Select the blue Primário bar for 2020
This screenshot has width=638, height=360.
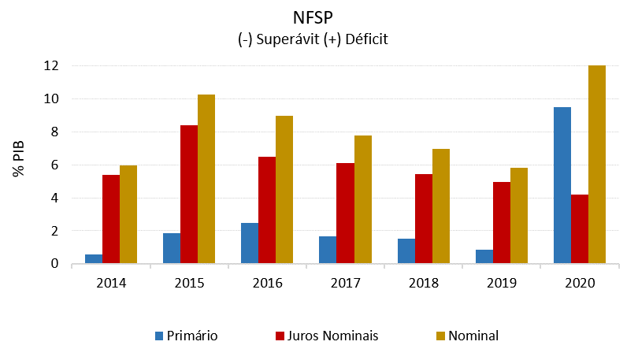pyautogui.click(x=562, y=185)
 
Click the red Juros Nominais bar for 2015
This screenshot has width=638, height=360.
pyautogui.click(x=189, y=195)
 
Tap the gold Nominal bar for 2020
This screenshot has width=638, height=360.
pyautogui.click(x=597, y=165)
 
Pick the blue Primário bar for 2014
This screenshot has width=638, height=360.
pyautogui.click(x=94, y=259)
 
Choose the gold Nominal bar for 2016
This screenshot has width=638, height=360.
pyautogui.click(x=284, y=190)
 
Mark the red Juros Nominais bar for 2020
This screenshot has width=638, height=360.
pyautogui.click(x=580, y=229)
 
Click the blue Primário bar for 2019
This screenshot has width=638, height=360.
pyautogui.click(x=484, y=257)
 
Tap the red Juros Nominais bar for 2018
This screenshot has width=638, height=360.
pyautogui.click(x=423, y=219)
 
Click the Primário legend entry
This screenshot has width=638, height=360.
pyautogui.click(x=187, y=336)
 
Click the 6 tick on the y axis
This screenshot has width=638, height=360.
pyautogui.click(x=54, y=165)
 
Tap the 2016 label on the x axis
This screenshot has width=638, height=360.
pyautogui.click(x=267, y=280)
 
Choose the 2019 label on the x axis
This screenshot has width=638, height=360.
pyautogui.click(x=501, y=280)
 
